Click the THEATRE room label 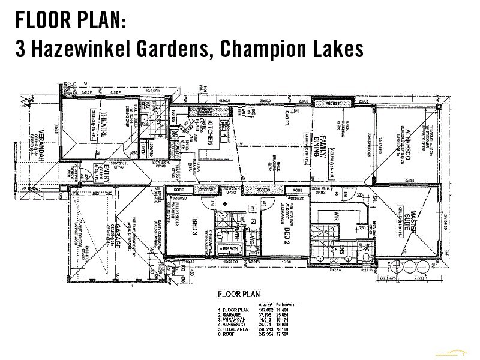click(x=103, y=126)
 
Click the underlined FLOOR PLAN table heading click(x=238, y=294)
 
